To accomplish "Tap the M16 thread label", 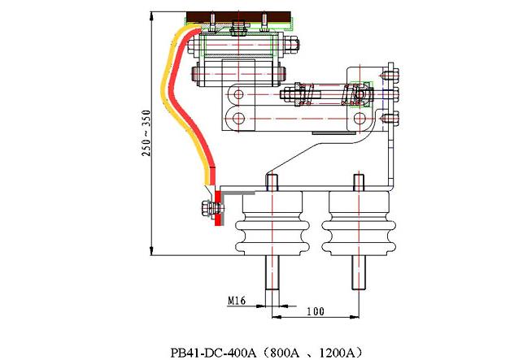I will tap(237, 301).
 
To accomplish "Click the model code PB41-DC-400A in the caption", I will tap(213, 352).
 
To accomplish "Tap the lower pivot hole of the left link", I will tap(238, 119).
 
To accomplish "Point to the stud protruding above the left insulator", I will tap(271, 180).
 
